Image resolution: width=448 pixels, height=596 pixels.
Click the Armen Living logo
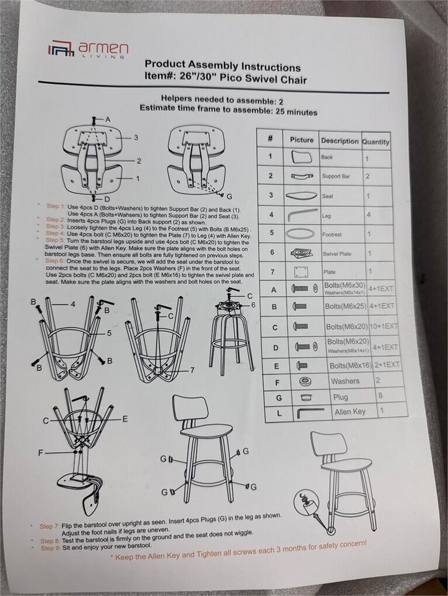88,49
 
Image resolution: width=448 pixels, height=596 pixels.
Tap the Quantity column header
375,142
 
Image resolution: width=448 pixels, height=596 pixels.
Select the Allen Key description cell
350,412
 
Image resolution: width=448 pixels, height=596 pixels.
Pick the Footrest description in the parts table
332,234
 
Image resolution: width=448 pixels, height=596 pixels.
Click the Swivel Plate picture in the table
301,253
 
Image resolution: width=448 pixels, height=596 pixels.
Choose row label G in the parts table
279,397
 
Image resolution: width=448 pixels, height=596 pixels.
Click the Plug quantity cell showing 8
380,396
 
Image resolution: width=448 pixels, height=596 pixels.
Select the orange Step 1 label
56,206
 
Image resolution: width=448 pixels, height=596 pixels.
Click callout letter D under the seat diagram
107,199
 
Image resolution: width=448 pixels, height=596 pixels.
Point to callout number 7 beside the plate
192,369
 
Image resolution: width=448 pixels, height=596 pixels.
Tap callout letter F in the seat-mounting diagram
40,453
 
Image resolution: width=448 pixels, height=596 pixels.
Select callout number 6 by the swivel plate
253,305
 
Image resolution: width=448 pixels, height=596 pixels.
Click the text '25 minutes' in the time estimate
296,112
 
